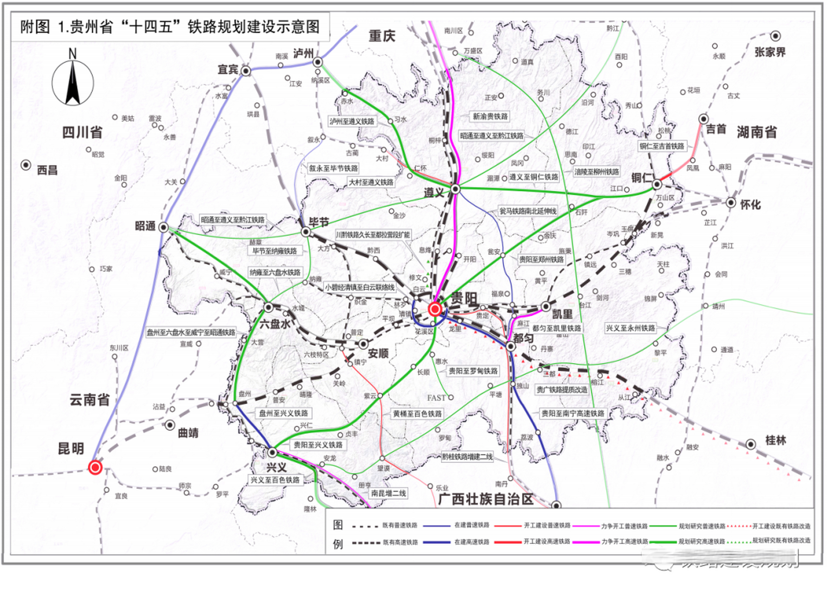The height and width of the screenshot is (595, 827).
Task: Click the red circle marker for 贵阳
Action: [x=435, y=309]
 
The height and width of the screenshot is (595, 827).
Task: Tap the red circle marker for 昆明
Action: [x=95, y=467]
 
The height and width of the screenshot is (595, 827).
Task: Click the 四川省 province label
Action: [x=82, y=133]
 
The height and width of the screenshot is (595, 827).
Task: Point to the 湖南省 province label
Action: [x=757, y=132]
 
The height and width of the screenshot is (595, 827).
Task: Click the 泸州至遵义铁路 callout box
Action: [x=352, y=121]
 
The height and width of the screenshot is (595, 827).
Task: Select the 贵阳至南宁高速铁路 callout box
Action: [x=573, y=413]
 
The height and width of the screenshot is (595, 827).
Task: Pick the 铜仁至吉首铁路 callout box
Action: [x=662, y=146]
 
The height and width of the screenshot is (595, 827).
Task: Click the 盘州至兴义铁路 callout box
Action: [x=283, y=413]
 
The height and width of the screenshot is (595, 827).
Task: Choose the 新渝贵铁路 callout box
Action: [x=490, y=116]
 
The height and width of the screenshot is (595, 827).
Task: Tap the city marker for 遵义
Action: [x=455, y=189]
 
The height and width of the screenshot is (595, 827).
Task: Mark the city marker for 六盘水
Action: [x=268, y=307]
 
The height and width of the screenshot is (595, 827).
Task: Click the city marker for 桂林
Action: [x=751, y=444]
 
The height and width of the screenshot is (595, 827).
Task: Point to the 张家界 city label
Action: [x=770, y=52]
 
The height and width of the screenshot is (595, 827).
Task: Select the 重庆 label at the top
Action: [x=382, y=36]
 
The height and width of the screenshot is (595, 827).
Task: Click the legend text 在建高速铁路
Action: [x=471, y=542]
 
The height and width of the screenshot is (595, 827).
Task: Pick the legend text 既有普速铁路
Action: [x=400, y=526]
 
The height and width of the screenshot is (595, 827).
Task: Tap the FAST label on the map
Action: [x=437, y=398]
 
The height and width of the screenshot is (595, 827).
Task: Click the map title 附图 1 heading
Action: [x=170, y=27]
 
